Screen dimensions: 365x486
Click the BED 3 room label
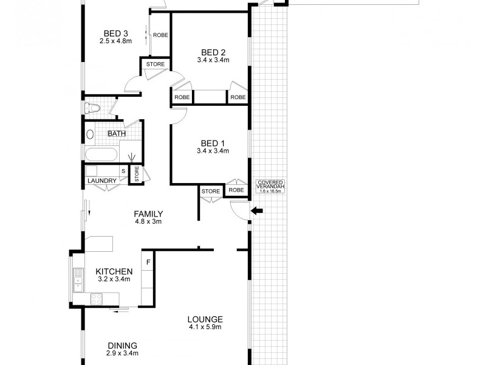click(115, 33)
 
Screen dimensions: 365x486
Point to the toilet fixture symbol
click(92, 108)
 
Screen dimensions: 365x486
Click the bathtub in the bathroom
click(101, 155)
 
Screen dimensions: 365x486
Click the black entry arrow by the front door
click(258, 212)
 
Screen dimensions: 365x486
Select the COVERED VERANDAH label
click(271, 186)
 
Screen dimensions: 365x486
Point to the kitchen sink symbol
click(78, 280)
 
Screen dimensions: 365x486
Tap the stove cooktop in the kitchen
click(96, 299)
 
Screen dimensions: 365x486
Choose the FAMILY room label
click(148, 214)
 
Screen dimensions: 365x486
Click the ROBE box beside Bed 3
click(160, 35)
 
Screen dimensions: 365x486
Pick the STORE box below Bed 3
click(155, 63)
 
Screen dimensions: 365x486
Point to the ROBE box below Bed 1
click(236, 190)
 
